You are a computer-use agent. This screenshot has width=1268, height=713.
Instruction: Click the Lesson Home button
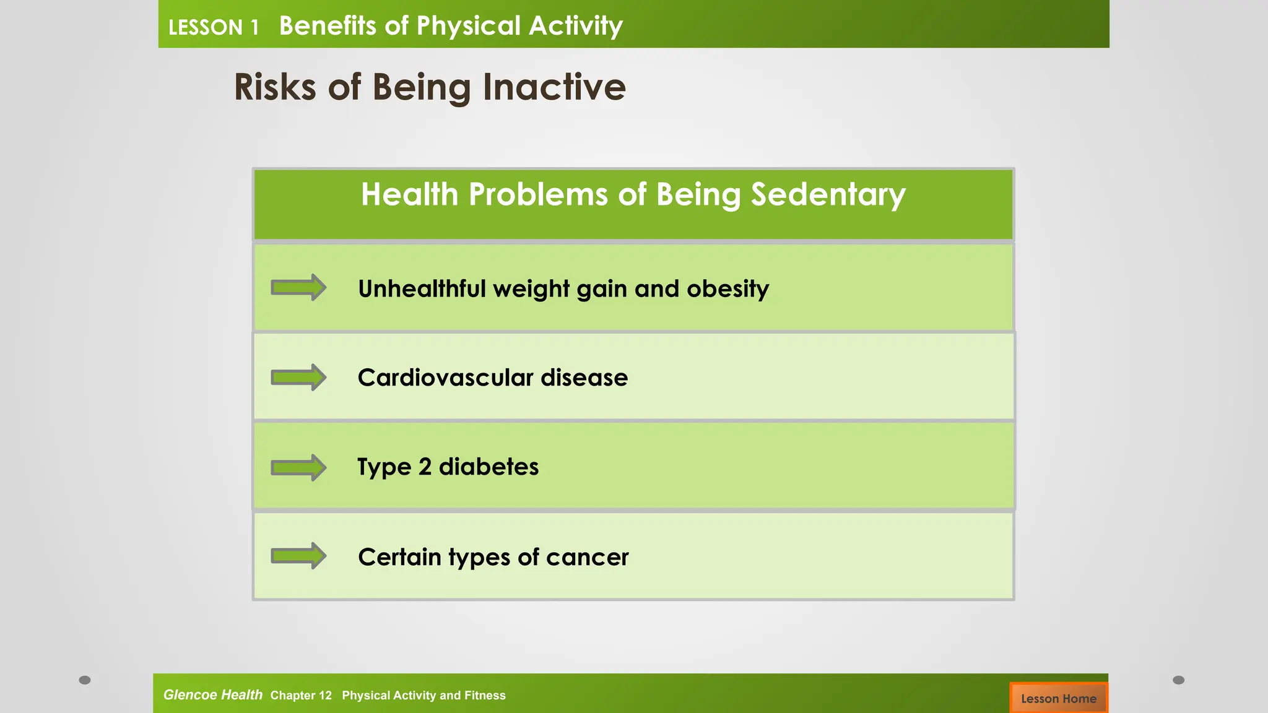[x=1058, y=698]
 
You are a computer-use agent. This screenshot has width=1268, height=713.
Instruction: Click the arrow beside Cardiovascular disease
[x=298, y=377]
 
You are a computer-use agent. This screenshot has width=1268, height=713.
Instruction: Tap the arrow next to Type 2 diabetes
[x=298, y=467]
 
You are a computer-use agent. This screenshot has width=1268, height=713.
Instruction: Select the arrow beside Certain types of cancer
[x=298, y=556]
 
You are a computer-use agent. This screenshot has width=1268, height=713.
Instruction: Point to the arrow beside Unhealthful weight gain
[x=298, y=288]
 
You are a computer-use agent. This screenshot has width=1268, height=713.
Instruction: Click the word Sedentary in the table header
[x=828, y=195]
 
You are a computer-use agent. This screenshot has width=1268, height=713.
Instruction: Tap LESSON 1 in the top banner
[x=214, y=27]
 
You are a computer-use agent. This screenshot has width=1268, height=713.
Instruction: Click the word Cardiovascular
[x=445, y=378]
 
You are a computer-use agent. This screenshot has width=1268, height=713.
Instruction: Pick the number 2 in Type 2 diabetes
[x=425, y=467]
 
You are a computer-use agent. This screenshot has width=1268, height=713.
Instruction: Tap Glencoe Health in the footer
[x=212, y=694]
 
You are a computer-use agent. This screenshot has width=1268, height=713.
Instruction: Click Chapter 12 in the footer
[x=301, y=695]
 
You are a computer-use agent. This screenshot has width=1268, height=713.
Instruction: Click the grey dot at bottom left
[x=85, y=680]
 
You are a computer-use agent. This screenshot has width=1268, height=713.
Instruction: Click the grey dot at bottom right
[x=1178, y=680]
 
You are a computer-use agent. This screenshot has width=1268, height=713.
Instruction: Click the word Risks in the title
[x=275, y=87]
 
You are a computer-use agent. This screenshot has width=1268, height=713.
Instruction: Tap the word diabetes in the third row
[x=489, y=467]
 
